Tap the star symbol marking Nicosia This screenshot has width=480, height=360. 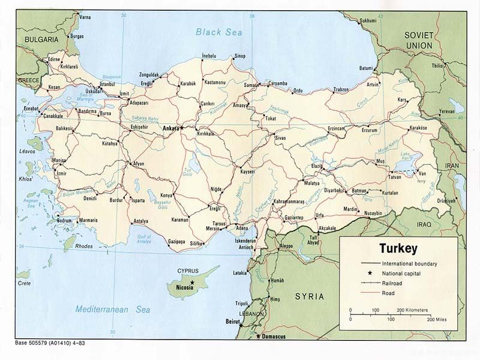[x=192, y=281]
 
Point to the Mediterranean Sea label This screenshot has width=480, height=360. [x=113, y=310]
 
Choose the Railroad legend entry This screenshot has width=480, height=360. [x=395, y=283]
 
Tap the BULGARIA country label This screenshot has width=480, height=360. [x=41, y=39]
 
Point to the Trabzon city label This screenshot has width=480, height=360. [x=341, y=89]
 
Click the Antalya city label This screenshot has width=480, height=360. [x=140, y=221]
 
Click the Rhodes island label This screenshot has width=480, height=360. [x=83, y=246]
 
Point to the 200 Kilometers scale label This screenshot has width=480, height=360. [x=413, y=310]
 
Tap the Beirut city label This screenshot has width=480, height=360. [x=229, y=322]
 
